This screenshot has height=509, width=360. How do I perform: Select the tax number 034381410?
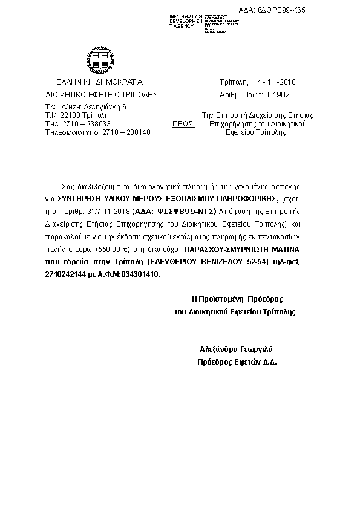tap(140, 274)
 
